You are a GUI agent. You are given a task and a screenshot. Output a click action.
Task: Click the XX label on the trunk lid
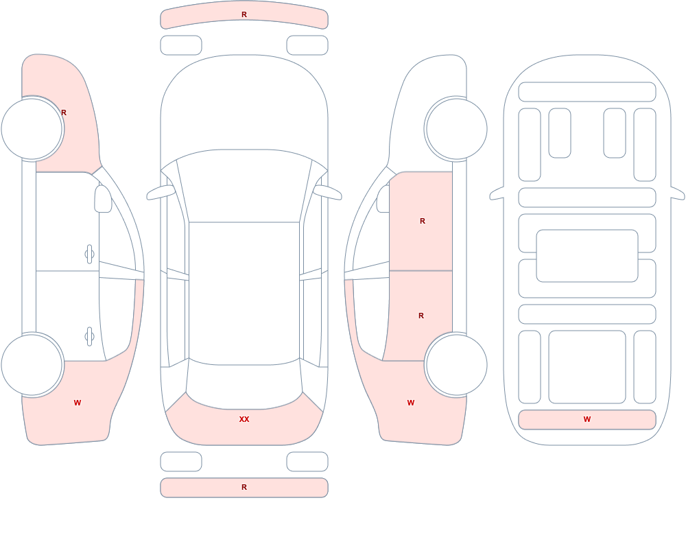point(244,419)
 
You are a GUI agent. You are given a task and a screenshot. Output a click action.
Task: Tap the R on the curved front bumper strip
point(244,14)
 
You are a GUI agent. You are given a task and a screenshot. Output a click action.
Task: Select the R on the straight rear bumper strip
point(244,487)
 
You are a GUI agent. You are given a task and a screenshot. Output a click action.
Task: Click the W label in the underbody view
point(587,419)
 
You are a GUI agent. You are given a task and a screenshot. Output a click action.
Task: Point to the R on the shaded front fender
point(64,113)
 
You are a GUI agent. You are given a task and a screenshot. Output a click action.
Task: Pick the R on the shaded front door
point(422,221)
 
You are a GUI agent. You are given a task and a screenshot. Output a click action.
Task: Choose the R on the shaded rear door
point(421,316)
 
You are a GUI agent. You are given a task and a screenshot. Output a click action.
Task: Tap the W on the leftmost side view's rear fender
point(78,403)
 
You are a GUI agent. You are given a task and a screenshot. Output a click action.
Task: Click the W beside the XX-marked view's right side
point(411,403)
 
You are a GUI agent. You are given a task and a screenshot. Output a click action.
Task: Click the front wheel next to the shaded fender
point(32,129)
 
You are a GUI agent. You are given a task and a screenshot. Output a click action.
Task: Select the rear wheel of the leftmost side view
point(32,364)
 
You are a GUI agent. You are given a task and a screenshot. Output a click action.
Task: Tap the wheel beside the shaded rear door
point(456,364)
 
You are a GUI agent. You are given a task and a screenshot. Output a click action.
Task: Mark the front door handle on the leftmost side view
point(89,255)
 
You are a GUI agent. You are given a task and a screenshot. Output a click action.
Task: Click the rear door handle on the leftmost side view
point(89,337)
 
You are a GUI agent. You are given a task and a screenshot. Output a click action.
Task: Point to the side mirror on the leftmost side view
point(103,199)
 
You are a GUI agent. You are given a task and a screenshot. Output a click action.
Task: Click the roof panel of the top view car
point(244,293)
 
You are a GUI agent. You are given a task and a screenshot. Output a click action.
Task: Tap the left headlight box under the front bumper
point(181,45)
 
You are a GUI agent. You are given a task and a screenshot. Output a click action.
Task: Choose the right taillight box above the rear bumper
point(307,462)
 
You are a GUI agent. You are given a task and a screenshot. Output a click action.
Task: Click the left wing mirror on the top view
point(160,193)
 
